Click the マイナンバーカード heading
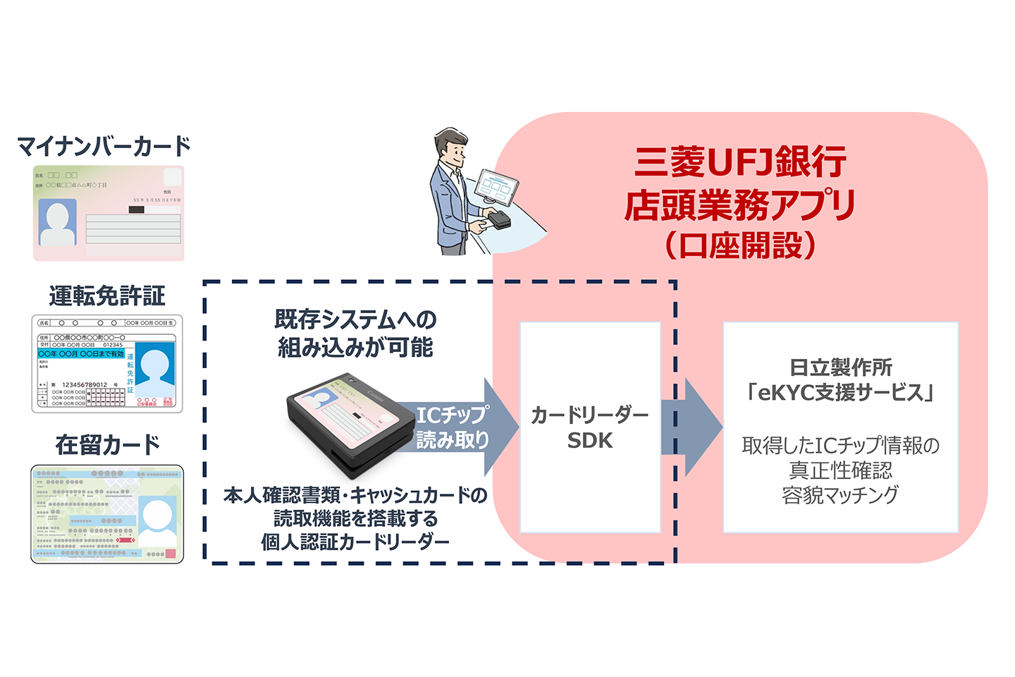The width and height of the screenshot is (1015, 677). (104, 146)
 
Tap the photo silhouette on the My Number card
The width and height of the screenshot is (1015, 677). (57, 222)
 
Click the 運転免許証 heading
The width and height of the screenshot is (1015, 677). (107, 295)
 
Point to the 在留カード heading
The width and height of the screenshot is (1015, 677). (107, 444)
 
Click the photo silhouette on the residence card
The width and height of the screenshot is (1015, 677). (157, 520)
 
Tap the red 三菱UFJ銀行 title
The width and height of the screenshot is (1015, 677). (740, 161)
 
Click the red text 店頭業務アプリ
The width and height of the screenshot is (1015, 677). (740, 205)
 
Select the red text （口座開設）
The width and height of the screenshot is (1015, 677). (740, 245)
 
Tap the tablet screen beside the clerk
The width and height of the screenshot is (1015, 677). (498, 188)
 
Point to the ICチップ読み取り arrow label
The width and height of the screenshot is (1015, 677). (453, 427)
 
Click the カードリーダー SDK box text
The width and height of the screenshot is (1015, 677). (590, 427)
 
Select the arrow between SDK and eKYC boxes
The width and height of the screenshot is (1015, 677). (694, 427)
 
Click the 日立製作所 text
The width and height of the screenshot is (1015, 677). (840, 367)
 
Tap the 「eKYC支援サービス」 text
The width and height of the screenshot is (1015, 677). (840, 392)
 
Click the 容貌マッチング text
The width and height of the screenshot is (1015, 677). (840, 495)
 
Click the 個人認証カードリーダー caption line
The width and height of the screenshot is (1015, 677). (355, 542)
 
